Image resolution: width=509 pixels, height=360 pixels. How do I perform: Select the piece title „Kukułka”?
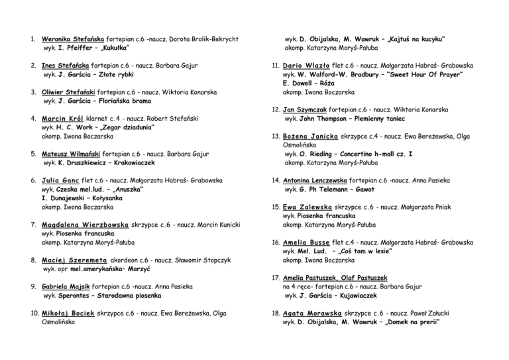[118, 48]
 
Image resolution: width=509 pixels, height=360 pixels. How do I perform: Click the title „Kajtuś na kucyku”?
[412, 39]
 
